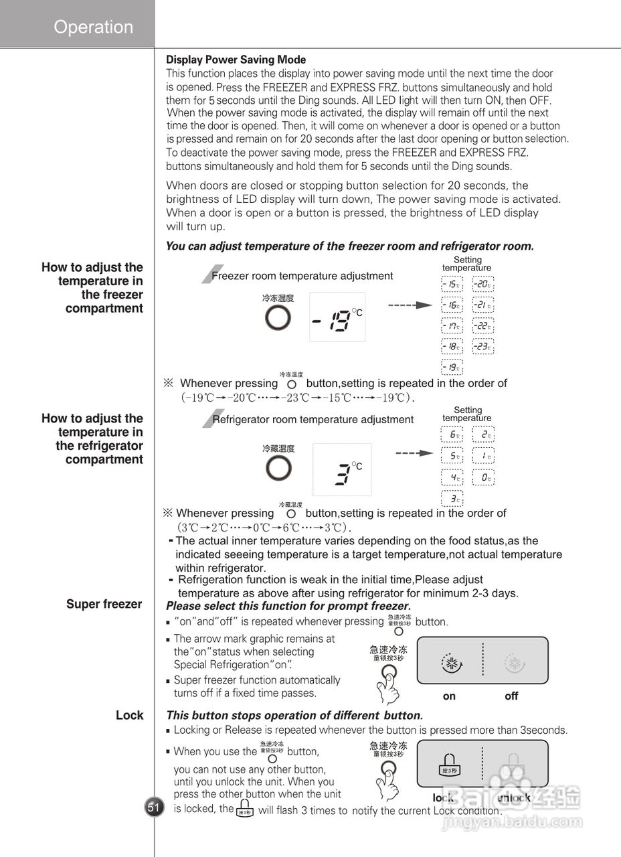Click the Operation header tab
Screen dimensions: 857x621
coord(93,27)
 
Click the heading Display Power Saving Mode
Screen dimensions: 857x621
coord(236,60)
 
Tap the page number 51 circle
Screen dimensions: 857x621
coord(154,807)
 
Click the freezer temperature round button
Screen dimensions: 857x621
coord(277,319)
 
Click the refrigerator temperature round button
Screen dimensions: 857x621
coord(277,469)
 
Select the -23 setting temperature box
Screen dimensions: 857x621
coord(482,347)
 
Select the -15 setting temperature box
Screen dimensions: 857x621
coord(452,285)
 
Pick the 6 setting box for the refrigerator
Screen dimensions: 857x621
coord(452,435)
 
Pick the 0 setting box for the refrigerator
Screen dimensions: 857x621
coord(482,478)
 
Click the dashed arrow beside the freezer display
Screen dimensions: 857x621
coord(410,305)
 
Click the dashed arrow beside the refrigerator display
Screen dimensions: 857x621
coord(414,453)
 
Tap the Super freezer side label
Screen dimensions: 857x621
coord(104,604)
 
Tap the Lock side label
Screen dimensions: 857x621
coord(129,715)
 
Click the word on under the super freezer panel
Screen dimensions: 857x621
coord(449,696)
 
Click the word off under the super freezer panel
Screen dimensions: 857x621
coord(511,696)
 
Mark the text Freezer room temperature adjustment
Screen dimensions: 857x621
coord(302,276)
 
